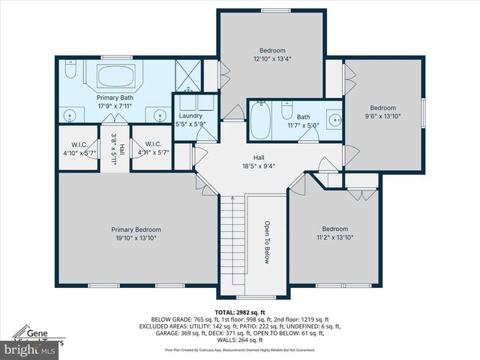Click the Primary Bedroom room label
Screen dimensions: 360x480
pos(136,234)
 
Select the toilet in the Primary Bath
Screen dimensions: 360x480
pos(69,72)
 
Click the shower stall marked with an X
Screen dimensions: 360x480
pos(187,75)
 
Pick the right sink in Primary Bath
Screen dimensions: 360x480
pos(160,115)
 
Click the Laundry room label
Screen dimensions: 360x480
pos(190,119)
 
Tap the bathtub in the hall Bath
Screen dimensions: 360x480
pos(260,121)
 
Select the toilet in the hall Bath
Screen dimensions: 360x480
pos(286,111)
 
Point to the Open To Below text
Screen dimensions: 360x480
pos(266,242)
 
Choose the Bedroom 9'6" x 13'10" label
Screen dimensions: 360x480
pos(383,112)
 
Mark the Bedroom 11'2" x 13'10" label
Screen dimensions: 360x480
pos(335,233)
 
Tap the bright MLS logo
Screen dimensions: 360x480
pos(30,349)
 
